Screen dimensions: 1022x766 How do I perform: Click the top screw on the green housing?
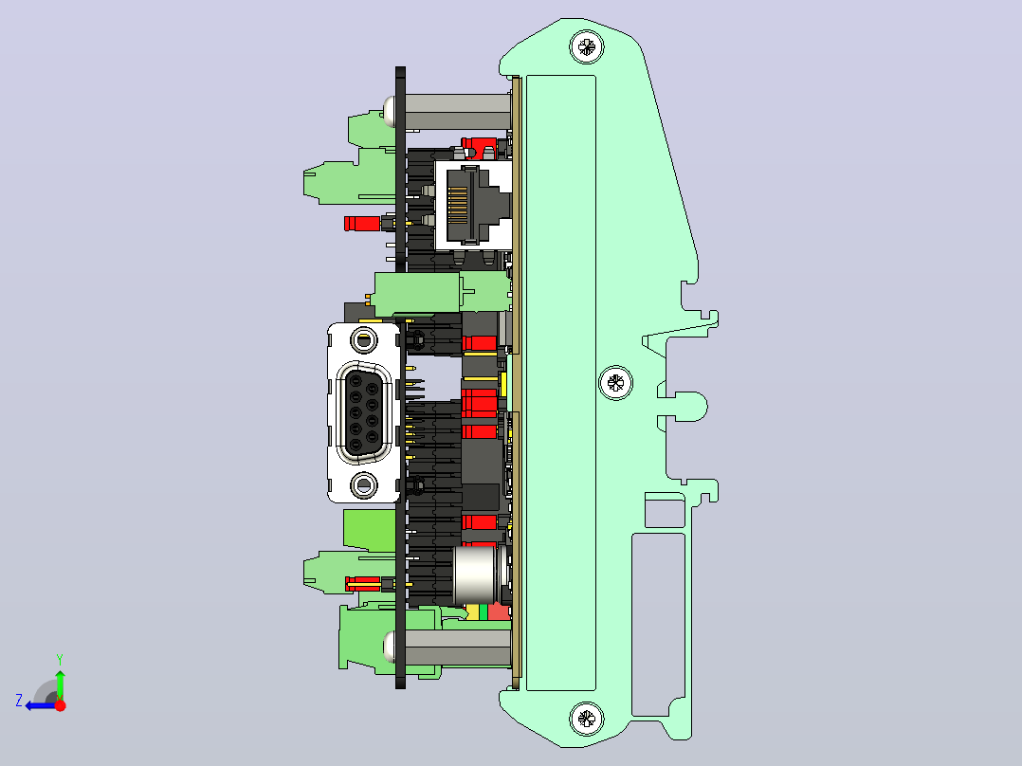tap(587, 47)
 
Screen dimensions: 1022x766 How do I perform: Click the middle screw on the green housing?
tap(615, 383)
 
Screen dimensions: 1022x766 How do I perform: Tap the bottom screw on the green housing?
tap(587, 719)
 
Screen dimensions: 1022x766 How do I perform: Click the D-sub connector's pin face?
tap(364, 412)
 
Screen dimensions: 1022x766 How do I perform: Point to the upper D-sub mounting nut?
tap(364, 340)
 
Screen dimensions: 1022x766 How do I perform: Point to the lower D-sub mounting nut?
tap(364, 485)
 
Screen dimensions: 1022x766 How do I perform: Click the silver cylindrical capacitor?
tap(476, 575)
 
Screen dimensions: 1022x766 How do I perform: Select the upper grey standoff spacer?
tap(458, 112)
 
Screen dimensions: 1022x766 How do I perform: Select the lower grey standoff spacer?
tap(458, 648)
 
